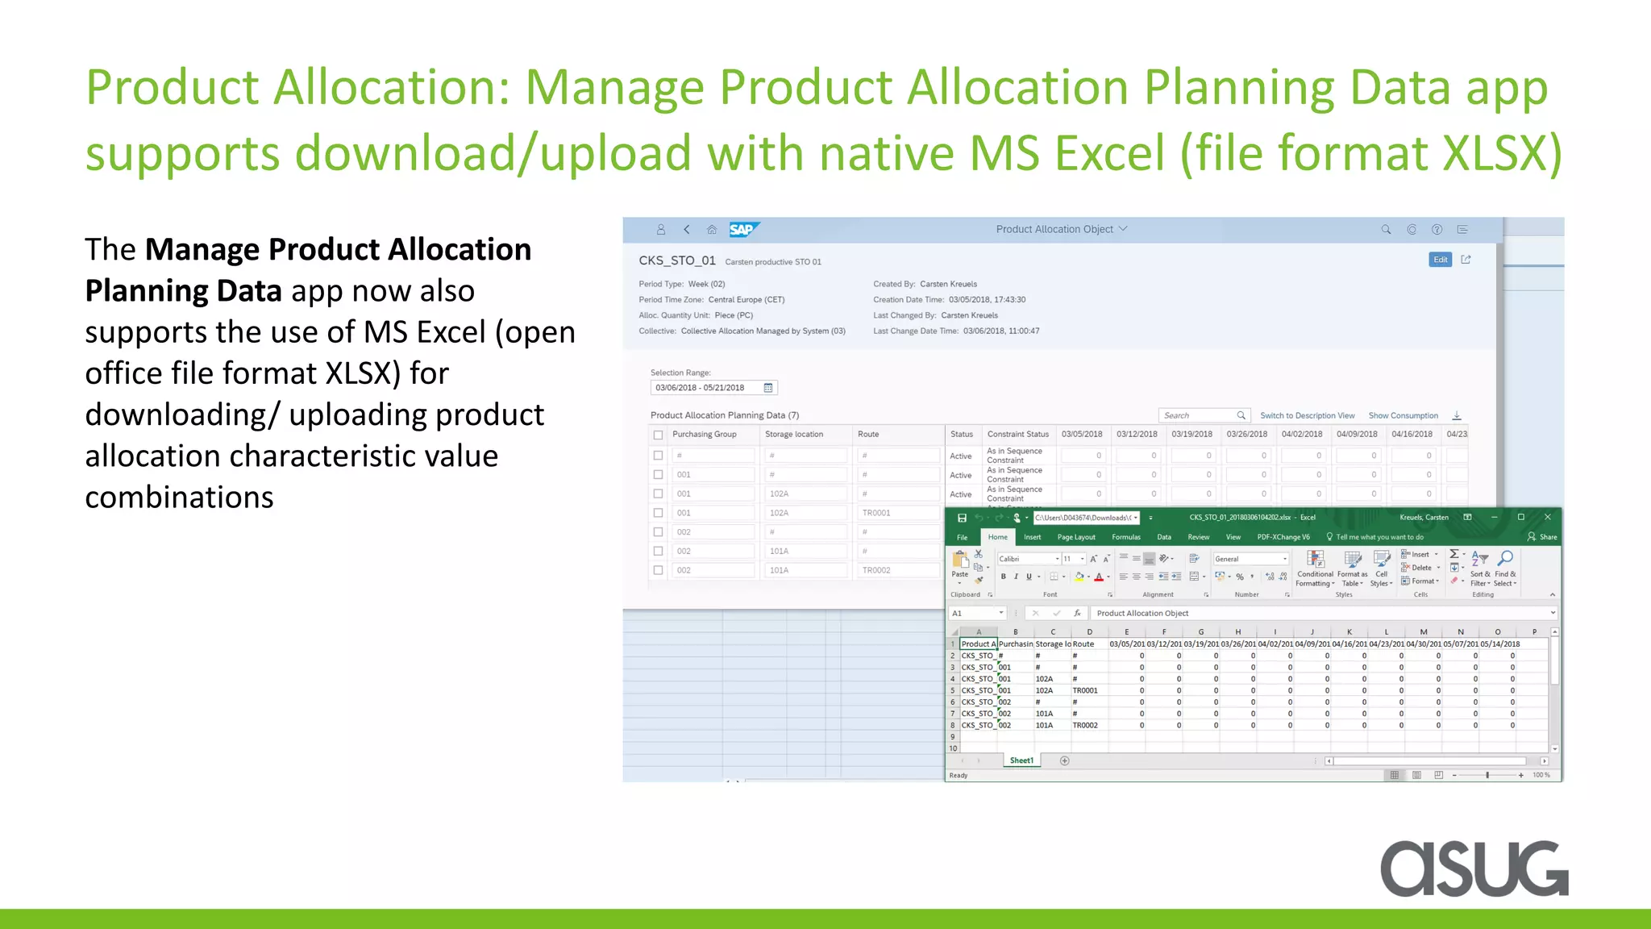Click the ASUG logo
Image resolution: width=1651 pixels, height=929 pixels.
coord(1474,868)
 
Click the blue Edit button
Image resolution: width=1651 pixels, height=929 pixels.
coord(1440,260)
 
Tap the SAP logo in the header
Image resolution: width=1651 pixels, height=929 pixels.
coord(742,230)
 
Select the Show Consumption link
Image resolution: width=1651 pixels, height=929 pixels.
coord(1403,416)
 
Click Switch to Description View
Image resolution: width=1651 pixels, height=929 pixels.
coord(1307,416)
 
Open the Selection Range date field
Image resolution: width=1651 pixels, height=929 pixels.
coord(713,388)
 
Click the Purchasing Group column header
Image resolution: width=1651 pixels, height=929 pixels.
coord(704,435)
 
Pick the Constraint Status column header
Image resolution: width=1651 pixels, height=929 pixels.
coord(1017,435)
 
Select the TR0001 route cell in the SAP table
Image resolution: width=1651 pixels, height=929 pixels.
coord(876,513)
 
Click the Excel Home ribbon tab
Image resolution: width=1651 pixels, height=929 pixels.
coord(997,537)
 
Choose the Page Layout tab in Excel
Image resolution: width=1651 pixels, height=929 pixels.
coord(1076,537)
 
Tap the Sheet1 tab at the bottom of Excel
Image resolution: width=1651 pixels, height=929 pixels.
coord(1021,760)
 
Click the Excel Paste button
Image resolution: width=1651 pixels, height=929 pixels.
coord(959,564)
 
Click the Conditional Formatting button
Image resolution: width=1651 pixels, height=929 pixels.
coord(1315,569)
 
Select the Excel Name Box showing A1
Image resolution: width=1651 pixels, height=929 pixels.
coord(976,614)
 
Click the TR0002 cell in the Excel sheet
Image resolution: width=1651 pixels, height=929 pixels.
coord(1085,726)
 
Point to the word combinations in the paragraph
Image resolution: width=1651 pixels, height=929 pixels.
coord(179,498)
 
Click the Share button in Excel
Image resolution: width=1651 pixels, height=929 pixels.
coord(1542,537)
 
